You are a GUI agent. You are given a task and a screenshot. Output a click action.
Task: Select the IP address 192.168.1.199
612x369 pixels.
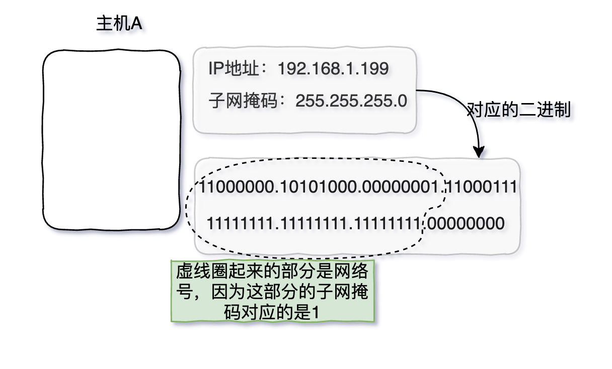[x=333, y=69]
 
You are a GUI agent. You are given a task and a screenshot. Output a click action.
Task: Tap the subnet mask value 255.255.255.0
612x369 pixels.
[x=351, y=101]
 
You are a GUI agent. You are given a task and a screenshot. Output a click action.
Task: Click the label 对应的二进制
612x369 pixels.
[x=519, y=110]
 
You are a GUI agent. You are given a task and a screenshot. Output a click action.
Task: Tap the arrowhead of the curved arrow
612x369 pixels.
[x=479, y=151]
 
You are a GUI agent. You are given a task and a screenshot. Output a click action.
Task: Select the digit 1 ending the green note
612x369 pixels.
[x=315, y=312]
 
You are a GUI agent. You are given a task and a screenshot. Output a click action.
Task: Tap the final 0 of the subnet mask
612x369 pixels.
[x=402, y=101]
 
